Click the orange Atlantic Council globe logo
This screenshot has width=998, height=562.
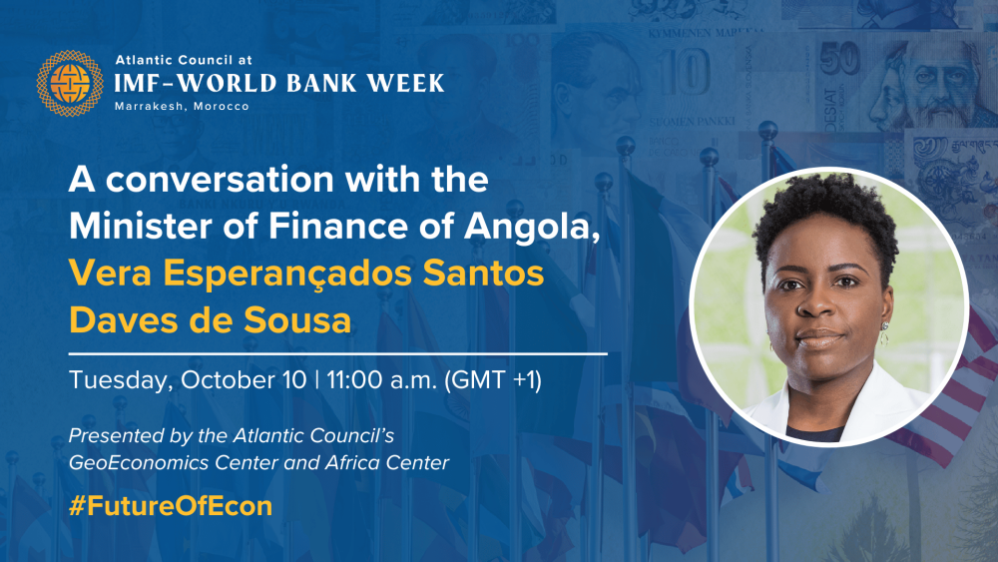[x=70, y=84]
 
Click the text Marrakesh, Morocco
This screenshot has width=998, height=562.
[x=182, y=106]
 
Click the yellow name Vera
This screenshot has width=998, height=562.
[x=110, y=274]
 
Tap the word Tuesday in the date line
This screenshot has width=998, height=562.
[x=121, y=380]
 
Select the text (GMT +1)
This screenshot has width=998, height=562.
[x=493, y=380]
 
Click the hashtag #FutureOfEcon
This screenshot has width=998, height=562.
[x=171, y=506]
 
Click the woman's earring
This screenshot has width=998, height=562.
[x=884, y=333]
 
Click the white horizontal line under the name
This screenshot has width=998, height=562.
[x=338, y=353]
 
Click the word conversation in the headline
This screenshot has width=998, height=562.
[x=220, y=180]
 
